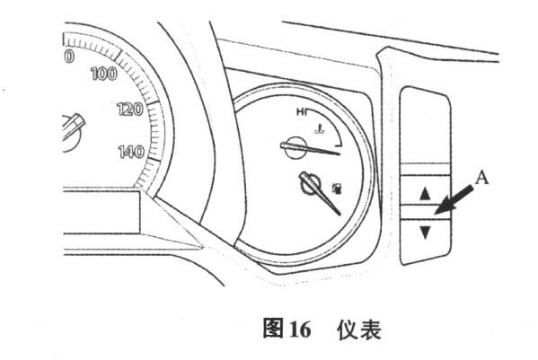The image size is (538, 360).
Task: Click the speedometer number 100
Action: [x=104, y=74]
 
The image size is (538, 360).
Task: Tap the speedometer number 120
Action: [x=130, y=109]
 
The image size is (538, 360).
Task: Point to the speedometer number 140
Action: [x=131, y=152]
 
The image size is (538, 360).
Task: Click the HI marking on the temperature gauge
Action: [x=302, y=112]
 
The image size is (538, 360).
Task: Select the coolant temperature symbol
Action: [x=320, y=130]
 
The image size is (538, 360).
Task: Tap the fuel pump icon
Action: [x=338, y=189]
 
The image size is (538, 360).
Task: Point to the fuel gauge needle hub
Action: [x=311, y=185]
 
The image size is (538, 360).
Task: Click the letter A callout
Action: [x=482, y=179]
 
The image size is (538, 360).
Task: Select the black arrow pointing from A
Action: [x=454, y=200]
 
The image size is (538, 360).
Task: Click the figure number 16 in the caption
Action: [x=301, y=329]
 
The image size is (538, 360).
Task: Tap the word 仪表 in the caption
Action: [x=359, y=329]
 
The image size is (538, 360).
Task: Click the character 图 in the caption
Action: [x=273, y=328]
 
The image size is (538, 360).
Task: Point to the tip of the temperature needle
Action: [x=340, y=153]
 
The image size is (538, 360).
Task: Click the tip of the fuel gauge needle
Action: [x=340, y=215]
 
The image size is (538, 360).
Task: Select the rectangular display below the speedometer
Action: [x=101, y=212]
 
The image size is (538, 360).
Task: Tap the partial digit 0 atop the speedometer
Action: [x=69, y=56]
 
